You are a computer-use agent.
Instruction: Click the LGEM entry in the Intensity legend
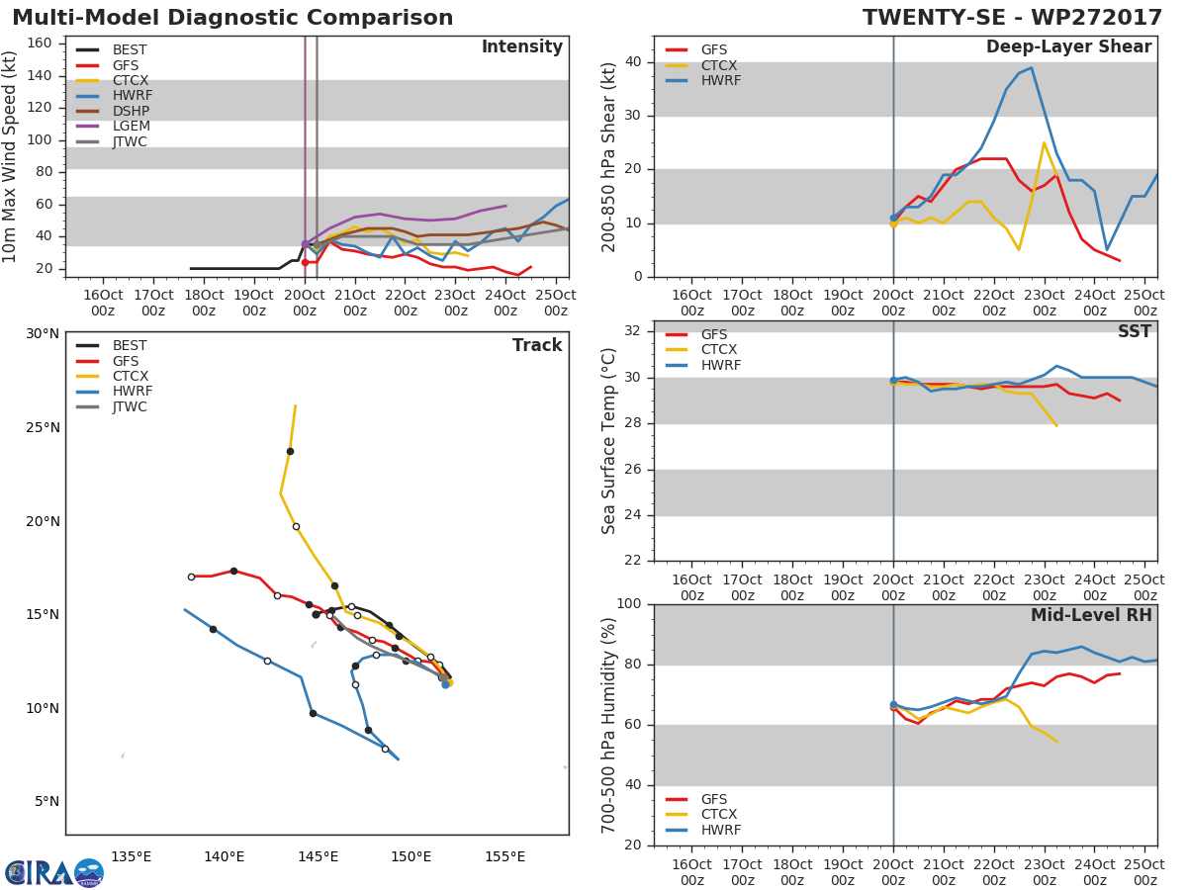130,127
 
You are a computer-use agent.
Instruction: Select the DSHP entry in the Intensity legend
130,112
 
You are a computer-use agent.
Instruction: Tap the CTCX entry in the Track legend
130,376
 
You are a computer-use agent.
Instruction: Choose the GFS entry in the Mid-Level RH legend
713,799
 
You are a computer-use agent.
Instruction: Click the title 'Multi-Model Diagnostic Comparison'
232,18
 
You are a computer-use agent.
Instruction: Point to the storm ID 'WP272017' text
1099,18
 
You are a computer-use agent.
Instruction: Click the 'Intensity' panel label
521,47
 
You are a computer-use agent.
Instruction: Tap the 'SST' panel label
1134,332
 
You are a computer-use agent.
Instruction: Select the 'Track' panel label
536,345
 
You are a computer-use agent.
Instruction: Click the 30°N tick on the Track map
43,333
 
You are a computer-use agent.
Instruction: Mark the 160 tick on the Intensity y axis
40,44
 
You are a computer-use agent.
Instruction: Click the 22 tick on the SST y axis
632,561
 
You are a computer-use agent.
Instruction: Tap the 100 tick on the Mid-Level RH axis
627,604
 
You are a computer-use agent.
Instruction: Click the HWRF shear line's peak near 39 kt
1031,68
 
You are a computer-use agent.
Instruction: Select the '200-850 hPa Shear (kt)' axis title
609,156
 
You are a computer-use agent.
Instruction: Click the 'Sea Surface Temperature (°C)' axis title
609,441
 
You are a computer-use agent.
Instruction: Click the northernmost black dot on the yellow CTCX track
290,451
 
